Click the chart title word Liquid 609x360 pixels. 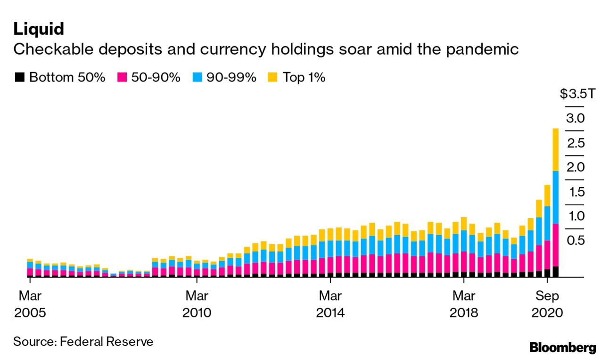click(39, 29)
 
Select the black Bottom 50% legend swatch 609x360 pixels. click(20, 77)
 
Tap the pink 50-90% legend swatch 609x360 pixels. click(122, 77)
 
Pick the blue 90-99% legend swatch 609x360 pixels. click(198, 77)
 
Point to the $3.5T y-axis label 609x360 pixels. click(578, 94)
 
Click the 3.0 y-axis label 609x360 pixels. click(576, 118)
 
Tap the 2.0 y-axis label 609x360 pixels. click(576, 167)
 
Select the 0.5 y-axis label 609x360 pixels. click(576, 240)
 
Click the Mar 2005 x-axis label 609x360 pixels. click(30, 304)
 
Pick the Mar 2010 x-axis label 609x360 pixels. click(197, 304)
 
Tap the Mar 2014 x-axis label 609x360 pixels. click(330, 304)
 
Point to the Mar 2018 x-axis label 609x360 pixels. click(464, 304)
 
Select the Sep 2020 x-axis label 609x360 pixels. click(547, 304)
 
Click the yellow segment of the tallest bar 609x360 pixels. click(555, 149)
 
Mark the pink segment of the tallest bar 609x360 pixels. click(555, 245)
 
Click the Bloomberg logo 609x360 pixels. click(563, 348)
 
